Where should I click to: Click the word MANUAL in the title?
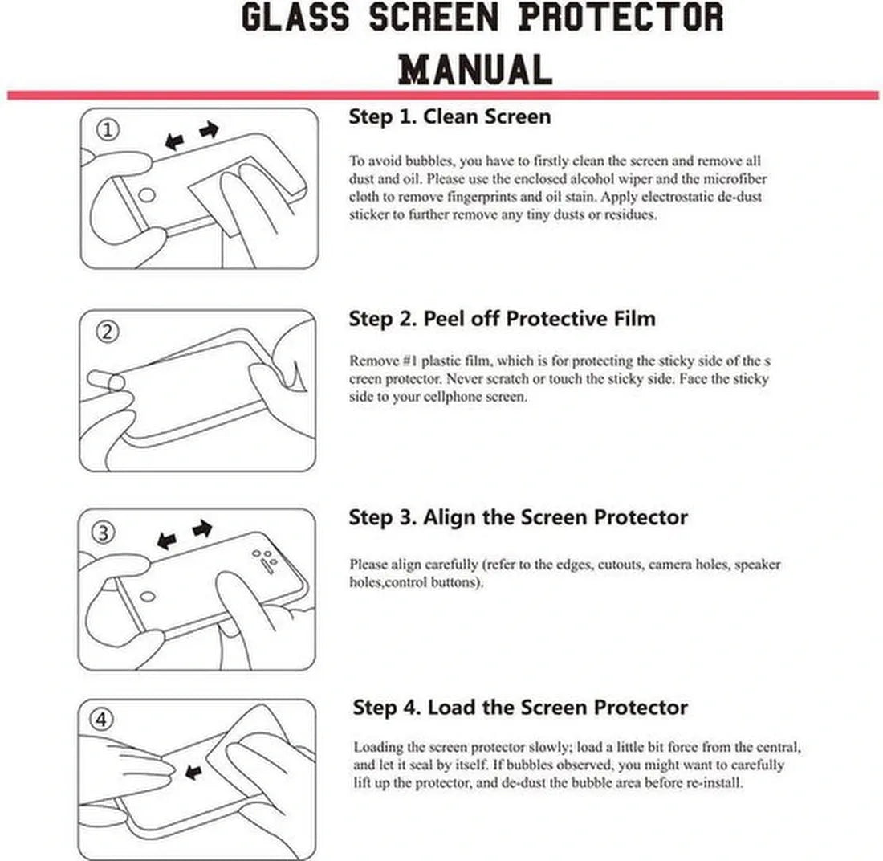[474, 69]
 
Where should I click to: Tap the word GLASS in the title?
[295, 17]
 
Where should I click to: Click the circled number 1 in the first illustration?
[108, 130]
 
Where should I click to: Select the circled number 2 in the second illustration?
[108, 332]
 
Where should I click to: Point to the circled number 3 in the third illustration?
[104, 532]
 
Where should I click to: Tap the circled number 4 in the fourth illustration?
[101, 720]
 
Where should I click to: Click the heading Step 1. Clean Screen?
[450, 116]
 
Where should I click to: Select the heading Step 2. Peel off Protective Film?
[502, 318]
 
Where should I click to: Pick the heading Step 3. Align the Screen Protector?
[518, 517]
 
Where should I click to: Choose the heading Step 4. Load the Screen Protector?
[520, 707]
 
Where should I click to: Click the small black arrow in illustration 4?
[193, 771]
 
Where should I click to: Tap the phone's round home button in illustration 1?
[147, 196]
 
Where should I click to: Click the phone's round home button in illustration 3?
[148, 596]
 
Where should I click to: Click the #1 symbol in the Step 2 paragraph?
[410, 361]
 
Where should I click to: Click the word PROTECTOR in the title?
[621, 17]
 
